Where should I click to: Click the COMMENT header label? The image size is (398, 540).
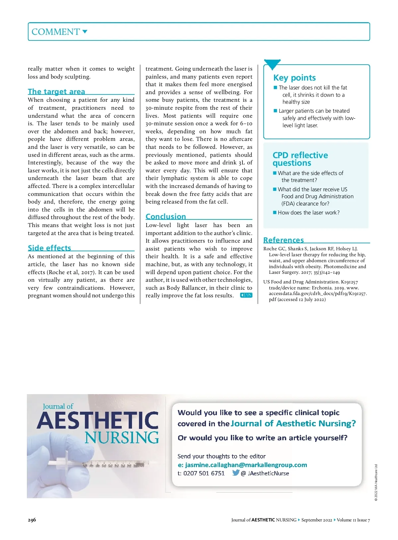(x=56, y=32)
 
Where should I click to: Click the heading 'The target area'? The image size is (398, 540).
(x=56, y=91)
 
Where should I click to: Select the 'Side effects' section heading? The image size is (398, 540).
(x=49, y=248)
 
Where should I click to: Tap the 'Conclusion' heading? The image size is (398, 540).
(x=166, y=216)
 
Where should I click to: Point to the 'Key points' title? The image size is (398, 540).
(x=295, y=78)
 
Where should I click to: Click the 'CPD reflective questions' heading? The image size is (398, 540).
(x=300, y=159)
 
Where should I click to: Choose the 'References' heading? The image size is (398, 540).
(x=284, y=240)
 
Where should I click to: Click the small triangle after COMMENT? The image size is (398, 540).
(x=85, y=32)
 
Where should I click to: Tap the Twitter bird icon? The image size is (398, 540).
(x=236, y=473)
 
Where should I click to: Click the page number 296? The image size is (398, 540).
(x=32, y=520)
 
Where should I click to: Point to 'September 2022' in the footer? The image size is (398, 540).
(x=316, y=520)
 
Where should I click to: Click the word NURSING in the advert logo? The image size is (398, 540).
(x=122, y=438)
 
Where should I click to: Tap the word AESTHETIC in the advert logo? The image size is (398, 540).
(x=98, y=421)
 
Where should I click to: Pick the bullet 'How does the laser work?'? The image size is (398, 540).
(x=308, y=212)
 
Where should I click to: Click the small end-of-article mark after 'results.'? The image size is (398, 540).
(x=246, y=295)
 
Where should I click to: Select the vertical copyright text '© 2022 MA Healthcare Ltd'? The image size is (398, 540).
(x=376, y=483)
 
